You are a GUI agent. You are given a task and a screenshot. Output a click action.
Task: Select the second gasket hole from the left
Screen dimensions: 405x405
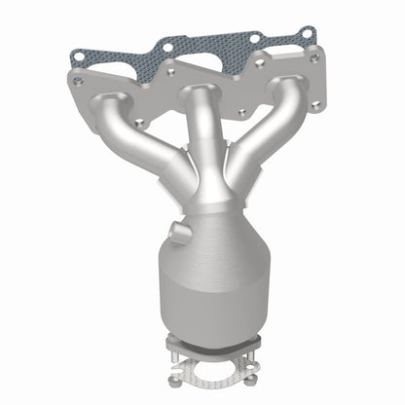click(167, 45)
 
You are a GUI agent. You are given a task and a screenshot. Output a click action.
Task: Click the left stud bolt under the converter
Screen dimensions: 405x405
click(176, 355)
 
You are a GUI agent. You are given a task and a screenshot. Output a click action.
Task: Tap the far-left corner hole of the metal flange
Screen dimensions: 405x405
click(79, 83)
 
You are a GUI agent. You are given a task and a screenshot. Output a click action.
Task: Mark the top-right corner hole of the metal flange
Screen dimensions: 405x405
click(313, 57)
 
